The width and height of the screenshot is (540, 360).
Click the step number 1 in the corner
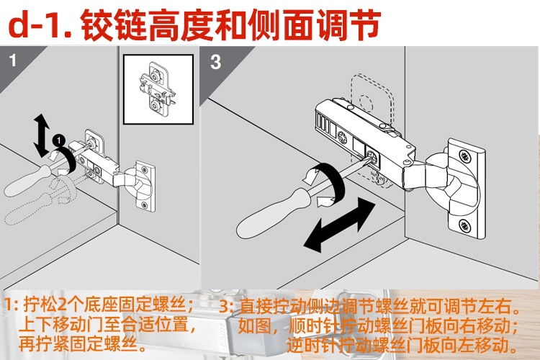tap(13, 60)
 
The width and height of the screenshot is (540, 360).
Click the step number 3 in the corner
tap(215, 62)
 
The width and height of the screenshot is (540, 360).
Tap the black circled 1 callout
tap(59, 140)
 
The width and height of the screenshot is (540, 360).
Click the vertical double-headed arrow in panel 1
tap(42, 135)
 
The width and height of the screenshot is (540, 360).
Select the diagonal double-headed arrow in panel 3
tap(340, 224)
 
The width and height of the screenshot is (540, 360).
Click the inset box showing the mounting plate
tap(158, 89)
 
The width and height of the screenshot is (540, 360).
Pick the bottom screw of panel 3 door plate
tap(465, 226)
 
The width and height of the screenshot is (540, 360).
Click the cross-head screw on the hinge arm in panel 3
tap(343, 138)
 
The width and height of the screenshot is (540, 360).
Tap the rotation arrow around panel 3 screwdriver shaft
tap(325, 184)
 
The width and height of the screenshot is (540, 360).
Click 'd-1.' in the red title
tap(40, 25)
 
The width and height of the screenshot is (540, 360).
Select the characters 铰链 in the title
tap(114, 24)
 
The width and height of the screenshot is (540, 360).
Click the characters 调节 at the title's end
tap(348, 24)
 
